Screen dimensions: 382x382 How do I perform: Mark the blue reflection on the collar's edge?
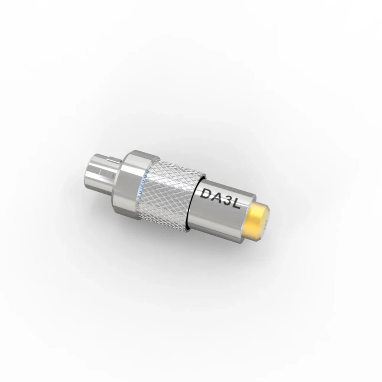click(x=142, y=183)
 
